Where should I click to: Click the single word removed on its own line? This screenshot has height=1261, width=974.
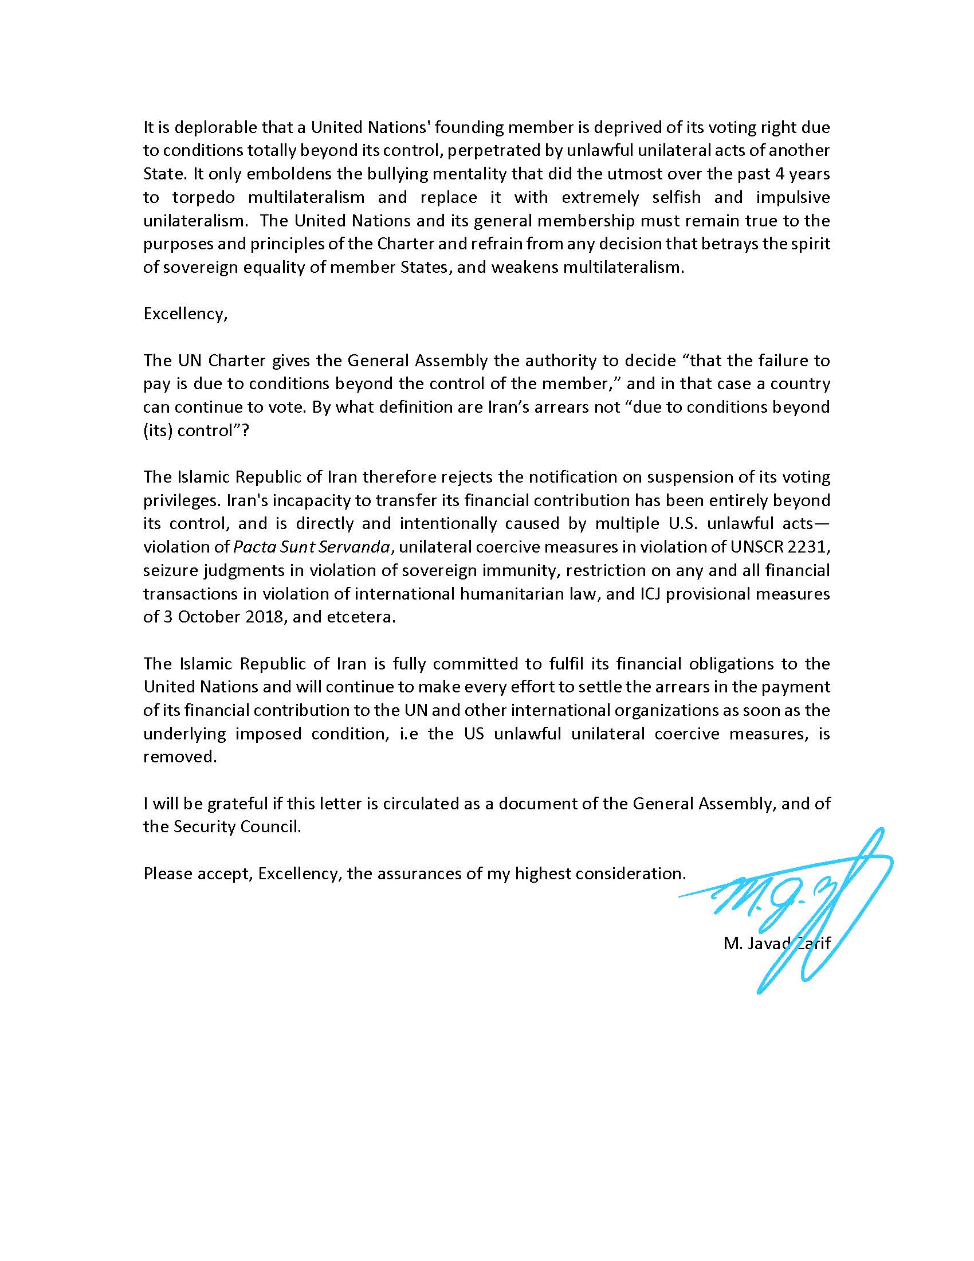(179, 757)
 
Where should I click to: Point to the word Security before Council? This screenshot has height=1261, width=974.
(205, 827)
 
